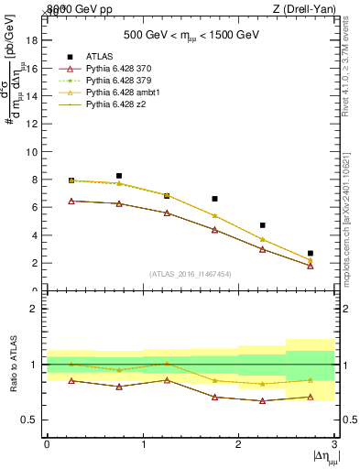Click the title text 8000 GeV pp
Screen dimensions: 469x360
point(78,8)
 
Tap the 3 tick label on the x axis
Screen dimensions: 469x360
point(335,445)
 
